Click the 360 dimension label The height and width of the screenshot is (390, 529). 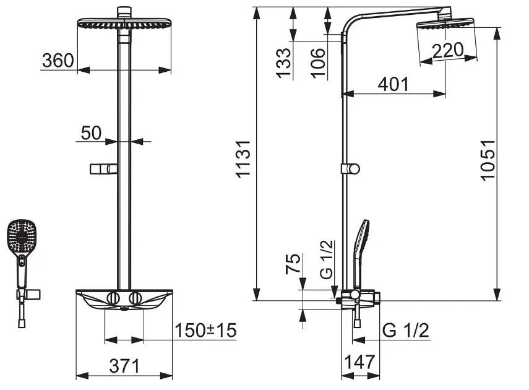coord(58,61)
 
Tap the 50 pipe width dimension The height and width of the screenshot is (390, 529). coord(91,132)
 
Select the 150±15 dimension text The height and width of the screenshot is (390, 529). coord(205,330)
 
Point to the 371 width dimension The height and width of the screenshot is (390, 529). coord(124,366)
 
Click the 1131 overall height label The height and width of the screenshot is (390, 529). coord(243,158)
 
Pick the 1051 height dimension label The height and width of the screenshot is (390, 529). coord(488,160)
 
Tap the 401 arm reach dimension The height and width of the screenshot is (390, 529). coord(393,84)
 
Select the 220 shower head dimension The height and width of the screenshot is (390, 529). coord(448,50)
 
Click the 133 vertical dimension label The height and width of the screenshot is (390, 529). coord(283,63)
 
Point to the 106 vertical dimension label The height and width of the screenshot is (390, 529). coord(318,63)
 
